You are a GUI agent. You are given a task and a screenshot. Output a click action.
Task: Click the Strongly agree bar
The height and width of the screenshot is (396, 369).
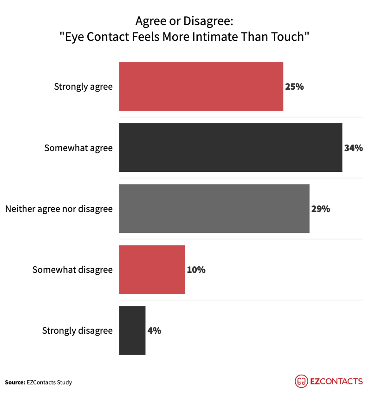click(x=201, y=86)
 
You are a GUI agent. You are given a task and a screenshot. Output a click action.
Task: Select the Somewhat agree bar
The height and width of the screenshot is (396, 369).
click(x=231, y=148)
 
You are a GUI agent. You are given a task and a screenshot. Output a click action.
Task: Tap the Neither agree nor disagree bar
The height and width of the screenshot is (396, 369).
click(x=214, y=209)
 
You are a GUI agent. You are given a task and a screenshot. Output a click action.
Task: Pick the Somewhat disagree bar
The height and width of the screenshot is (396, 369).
click(x=152, y=270)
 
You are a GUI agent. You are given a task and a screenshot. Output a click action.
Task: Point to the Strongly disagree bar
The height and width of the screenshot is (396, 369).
click(x=132, y=330)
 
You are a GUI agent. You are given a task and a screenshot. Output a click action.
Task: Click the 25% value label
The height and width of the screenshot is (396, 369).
click(x=294, y=86)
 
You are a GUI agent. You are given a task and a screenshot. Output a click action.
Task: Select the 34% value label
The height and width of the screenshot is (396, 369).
click(x=353, y=148)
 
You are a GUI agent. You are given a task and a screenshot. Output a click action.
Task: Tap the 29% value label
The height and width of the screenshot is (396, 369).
click(x=320, y=209)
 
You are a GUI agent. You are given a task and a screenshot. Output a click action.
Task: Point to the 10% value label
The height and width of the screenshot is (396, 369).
click(x=196, y=270)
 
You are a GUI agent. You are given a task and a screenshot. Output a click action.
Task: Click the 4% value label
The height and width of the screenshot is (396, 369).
click(x=154, y=330)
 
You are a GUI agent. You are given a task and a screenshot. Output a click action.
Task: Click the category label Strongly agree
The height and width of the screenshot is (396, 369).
click(x=83, y=86)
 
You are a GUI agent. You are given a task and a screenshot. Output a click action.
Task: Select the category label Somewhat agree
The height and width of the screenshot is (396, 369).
click(x=78, y=148)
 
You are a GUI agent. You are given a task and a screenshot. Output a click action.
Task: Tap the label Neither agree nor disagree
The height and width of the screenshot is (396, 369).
click(x=59, y=209)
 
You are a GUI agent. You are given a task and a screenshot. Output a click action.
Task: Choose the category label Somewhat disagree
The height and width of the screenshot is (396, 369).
click(x=72, y=270)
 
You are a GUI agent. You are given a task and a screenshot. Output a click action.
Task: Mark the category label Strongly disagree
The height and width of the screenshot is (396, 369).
click(x=78, y=330)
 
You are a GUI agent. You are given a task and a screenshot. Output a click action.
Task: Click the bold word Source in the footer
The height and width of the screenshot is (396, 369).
click(x=15, y=382)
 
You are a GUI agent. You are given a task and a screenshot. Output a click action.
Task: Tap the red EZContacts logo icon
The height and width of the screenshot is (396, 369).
click(x=301, y=381)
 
